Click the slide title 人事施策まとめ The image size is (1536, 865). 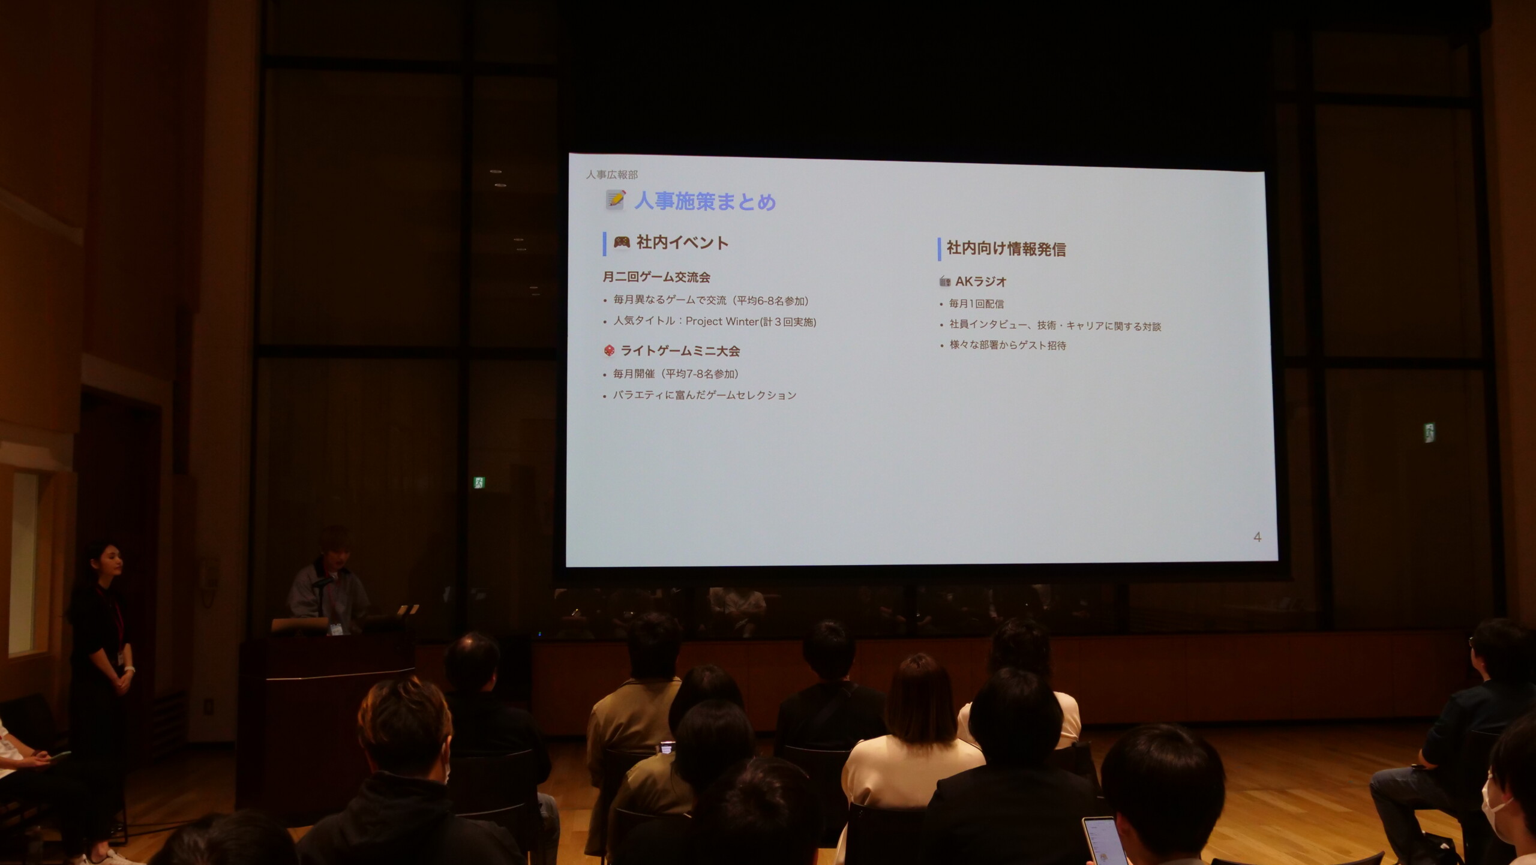click(x=705, y=201)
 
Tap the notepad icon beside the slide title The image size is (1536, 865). click(x=615, y=200)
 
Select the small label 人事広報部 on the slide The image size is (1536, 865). click(x=611, y=175)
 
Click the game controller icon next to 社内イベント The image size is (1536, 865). click(x=622, y=242)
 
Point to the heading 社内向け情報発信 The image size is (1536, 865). click(x=1006, y=249)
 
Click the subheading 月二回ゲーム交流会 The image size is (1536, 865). click(x=656, y=277)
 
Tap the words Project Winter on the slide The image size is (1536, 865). click(x=722, y=322)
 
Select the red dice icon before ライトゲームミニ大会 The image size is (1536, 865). click(x=609, y=350)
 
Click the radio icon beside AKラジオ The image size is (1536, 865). click(x=945, y=281)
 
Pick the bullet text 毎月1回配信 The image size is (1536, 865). click(x=976, y=304)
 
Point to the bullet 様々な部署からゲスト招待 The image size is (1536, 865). click(x=1007, y=345)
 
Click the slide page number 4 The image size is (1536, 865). click(x=1257, y=537)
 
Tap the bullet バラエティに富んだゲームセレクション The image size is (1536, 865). click(x=704, y=395)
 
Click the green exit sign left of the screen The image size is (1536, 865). click(x=479, y=482)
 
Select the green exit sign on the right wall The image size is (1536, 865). click(x=1429, y=432)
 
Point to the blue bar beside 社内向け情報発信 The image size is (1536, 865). click(x=940, y=250)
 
